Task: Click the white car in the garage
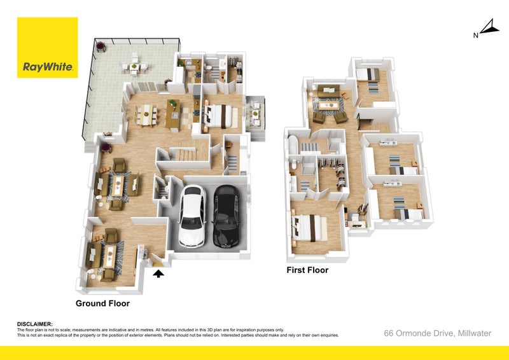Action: point(192,216)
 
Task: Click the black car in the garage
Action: point(227,217)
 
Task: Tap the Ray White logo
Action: point(47,48)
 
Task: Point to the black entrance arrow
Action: point(158,274)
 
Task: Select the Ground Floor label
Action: point(102,303)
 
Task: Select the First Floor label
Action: point(307,270)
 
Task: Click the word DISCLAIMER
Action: point(34,324)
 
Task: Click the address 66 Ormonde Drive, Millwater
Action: point(437,333)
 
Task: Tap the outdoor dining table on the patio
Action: point(134,67)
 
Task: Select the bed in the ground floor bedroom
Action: point(220,116)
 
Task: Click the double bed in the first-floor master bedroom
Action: point(310,228)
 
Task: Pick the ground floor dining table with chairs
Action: point(146,114)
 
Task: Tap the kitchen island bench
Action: point(172,115)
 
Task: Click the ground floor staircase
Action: point(185,154)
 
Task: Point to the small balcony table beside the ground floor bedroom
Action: point(256,113)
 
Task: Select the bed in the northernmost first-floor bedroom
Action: point(368,74)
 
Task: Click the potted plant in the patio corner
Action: point(101,46)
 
